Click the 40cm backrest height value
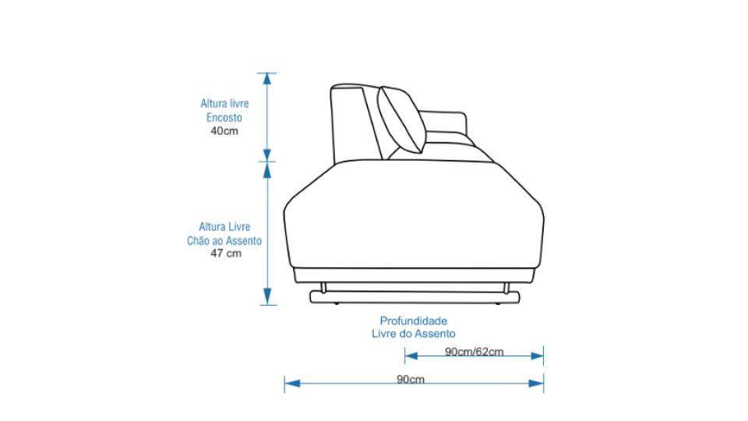[224, 131]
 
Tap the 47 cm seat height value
[226, 253]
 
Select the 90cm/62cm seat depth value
[475, 352]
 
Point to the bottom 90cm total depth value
[411, 379]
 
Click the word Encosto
[224, 118]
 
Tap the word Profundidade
[414, 320]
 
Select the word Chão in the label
[197, 241]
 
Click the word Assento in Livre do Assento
[435, 334]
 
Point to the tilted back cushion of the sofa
[402, 119]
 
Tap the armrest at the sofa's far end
[443, 126]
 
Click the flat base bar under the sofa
[415, 298]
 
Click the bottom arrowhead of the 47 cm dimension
[267, 296]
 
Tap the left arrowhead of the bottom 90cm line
[292, 384]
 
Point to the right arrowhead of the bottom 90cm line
[536, 384]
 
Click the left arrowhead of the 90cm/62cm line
[411, 356]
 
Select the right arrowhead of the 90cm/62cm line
[537, 356]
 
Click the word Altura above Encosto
[212, 104]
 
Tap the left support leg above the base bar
[323, 288]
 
